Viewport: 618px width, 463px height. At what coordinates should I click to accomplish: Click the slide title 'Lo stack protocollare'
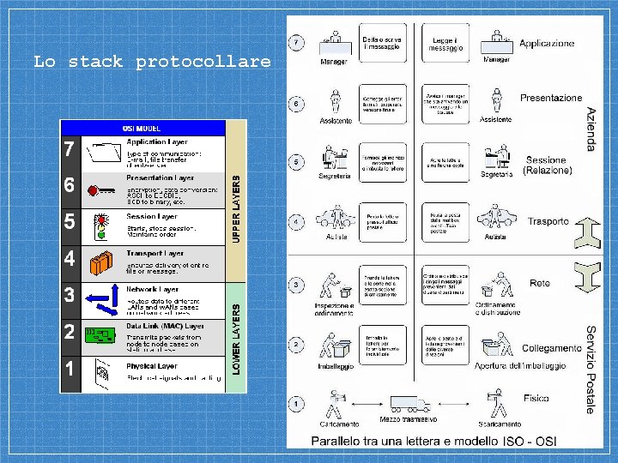151,62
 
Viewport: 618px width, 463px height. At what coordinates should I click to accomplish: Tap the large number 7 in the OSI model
70,149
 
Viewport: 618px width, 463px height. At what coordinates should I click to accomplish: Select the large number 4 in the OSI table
70,257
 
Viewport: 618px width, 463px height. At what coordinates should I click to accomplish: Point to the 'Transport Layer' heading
155,254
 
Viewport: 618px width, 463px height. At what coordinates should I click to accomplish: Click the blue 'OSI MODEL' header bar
142,128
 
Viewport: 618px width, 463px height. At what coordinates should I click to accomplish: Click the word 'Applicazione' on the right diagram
547,43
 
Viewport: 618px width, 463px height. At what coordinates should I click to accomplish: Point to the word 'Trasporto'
548,221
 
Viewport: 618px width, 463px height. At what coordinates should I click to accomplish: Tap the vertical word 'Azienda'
591,129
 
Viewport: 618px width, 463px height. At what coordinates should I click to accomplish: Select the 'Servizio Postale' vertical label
591,369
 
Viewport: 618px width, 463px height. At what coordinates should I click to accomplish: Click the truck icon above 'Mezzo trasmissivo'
409,403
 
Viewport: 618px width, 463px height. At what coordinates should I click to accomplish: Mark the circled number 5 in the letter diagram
296,161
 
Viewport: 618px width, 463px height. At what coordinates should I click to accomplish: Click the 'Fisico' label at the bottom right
538,399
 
